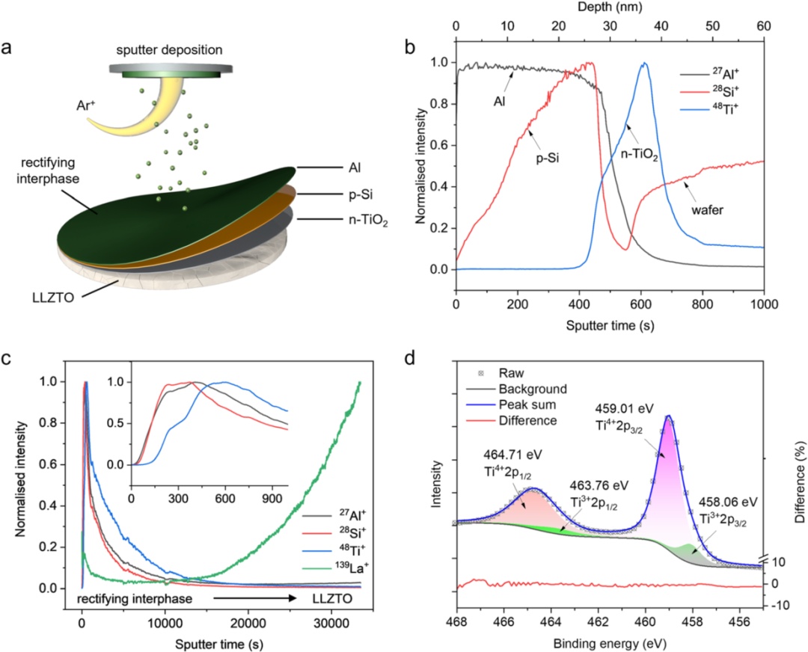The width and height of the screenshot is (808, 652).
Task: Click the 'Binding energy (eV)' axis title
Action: point(610,643)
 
